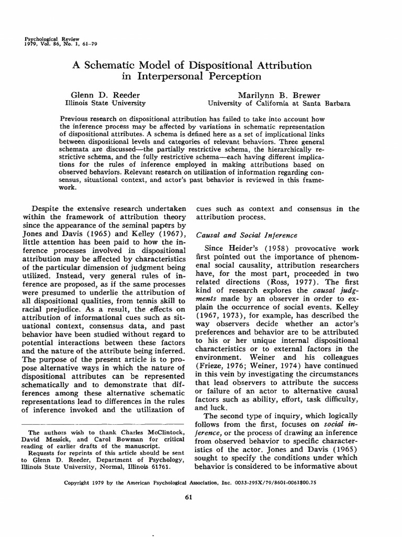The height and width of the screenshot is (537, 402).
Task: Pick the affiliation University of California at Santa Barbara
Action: click(279, 103)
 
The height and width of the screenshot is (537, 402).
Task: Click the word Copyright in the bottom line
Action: click(79, 482)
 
